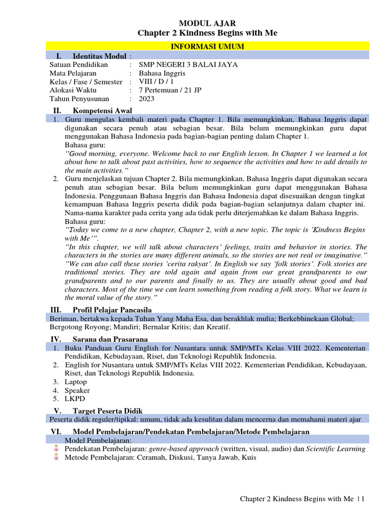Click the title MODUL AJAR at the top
pos(208,23)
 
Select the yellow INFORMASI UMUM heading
pos(208,47)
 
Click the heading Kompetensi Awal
pos(103,110)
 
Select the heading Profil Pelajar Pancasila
pos(112,310)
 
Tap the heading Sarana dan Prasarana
pos(110,339)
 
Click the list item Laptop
pos(76,382)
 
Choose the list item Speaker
pos(77,391)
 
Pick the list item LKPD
pos(75,399)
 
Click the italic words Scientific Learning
pos(336,449)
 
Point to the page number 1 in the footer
pos(362,499)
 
